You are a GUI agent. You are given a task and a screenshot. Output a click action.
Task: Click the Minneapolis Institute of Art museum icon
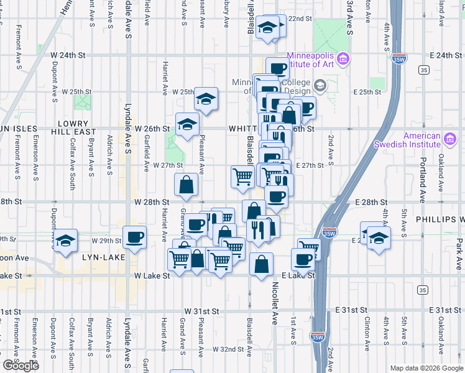343,59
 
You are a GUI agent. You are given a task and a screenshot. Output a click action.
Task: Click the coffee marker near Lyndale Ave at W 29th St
135,237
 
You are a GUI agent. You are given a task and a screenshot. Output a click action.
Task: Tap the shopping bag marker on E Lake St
262,264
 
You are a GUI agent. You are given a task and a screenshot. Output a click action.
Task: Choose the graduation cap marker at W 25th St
206,98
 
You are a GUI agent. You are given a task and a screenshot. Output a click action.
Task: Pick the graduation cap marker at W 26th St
187,124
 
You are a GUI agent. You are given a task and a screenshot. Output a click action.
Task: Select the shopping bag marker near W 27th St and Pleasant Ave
186,184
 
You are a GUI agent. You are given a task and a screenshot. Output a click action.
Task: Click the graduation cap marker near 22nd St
268,27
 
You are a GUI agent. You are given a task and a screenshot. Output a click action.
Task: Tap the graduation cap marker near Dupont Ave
65,241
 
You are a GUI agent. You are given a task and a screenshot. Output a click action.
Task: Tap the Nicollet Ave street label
274,304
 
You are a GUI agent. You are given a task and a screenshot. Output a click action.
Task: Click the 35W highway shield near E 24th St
399,59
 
